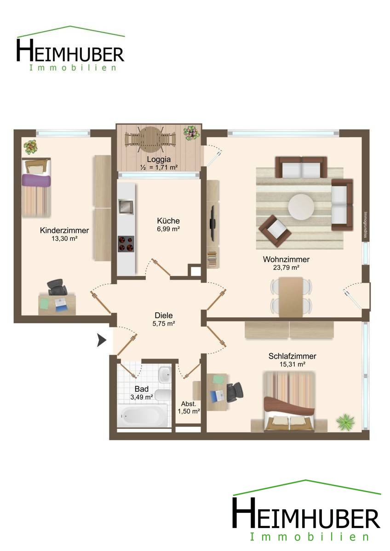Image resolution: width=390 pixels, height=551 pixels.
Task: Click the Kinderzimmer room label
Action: (64, 231)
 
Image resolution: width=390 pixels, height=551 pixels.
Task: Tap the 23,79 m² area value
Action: (286, 267)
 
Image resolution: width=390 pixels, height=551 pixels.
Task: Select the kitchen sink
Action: (126, 206)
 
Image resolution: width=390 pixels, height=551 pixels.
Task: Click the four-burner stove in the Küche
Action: (126, 244)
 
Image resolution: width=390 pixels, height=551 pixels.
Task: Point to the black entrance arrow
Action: (102, 340)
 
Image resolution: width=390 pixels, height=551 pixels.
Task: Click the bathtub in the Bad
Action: (143, 416)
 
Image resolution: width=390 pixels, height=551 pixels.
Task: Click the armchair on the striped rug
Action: (275, 230)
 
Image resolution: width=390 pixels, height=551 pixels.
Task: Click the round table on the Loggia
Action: (150, 140)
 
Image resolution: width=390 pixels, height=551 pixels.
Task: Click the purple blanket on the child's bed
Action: (36, 180)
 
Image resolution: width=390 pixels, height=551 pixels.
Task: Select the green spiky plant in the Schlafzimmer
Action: (345, 422)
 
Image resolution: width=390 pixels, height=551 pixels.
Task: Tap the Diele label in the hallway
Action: (164, 315)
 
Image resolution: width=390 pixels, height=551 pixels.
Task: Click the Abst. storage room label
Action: (189, 404)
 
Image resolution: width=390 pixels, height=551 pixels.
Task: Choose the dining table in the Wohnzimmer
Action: (291, 297)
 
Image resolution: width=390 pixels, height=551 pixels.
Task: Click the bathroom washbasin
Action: (165, 375)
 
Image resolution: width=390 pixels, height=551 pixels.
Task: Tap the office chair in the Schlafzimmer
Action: (234, 392)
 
